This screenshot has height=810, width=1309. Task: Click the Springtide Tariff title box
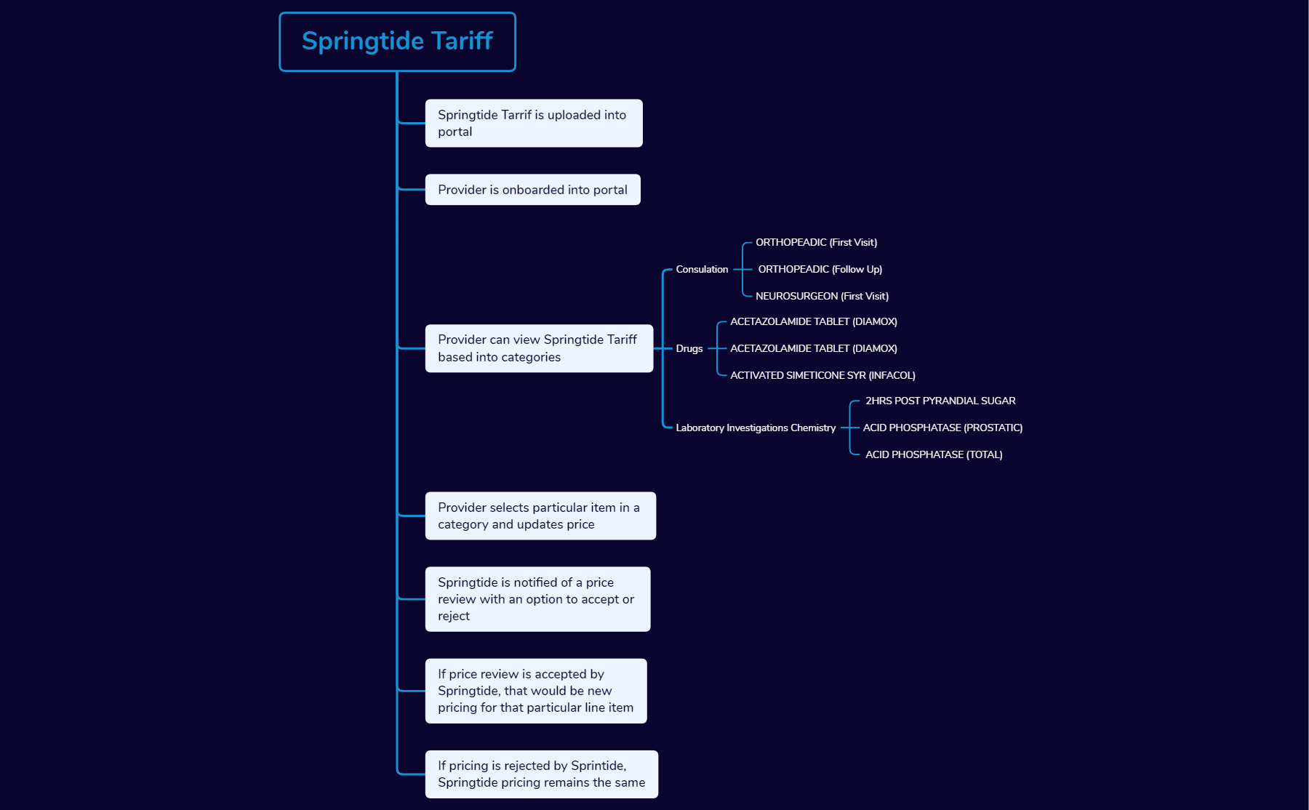pyautogui.click(x=397, y=41)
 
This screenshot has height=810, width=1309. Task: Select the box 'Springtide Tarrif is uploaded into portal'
pyautogui.click(x=534, y=123)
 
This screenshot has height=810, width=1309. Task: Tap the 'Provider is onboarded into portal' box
pyautogui.click(x=533, y=190)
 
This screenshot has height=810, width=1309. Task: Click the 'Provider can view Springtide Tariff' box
pyautogui.click(x=539, y=348)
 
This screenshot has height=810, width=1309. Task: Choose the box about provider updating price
pyautogui.click(x=540, y=516)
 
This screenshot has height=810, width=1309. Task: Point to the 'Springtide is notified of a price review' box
pyautogui.click(x=537, y=599)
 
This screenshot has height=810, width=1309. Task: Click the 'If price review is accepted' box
pyautogui.click(x=536, y=691)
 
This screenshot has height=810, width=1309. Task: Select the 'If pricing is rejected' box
pyautogui.click(x=542, y=774)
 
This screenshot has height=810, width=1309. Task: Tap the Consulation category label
pyautogui.click(x=702, y=269)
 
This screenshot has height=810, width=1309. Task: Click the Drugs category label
pyautogui.click(x=689, y=348)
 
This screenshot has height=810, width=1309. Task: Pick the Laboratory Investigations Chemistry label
pyautogui.click(x=756, y=428)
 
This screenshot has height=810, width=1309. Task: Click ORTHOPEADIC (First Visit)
pyautogui.click(x=816, y=242)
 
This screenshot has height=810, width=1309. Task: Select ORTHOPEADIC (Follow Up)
pyautogui.click(x=820, y=269)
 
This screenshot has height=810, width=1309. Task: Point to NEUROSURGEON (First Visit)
pyautogui.click(x=822, y=296)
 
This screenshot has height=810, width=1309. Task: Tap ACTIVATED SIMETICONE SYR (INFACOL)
pyautogui.click(x=822, y=375)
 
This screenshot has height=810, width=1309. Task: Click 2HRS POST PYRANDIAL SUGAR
pyautogui.click(x=940, y=401)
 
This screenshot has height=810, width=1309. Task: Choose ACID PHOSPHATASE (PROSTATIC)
pyautogui.click(x=942, y=428)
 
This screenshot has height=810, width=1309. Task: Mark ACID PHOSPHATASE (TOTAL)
pyautogui.click(x=934, y=454)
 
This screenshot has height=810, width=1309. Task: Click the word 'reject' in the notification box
pyautogui.click(x=454, y=616)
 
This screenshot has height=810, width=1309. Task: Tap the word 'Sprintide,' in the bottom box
pyautogui.click(x=599, y=766)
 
